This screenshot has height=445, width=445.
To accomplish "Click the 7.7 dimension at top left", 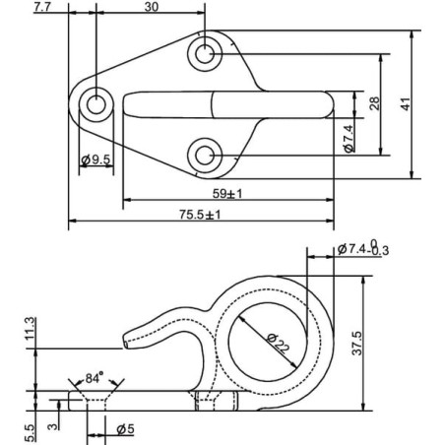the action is tap(43, 7).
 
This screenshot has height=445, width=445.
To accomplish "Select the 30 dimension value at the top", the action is tap(152, 7).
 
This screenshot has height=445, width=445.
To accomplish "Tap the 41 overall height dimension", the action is tap(406, 104).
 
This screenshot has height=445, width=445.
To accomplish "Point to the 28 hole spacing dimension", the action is tap(374, 103).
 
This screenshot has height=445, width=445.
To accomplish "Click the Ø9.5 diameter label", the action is tap(95, 160).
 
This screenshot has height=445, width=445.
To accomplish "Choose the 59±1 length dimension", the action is tap(227, 194).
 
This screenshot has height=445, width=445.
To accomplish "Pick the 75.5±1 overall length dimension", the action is tap(200, 215).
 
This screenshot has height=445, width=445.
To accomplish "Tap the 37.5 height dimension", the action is tap(357, 344).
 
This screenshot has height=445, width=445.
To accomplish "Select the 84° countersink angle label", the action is tap(95, 378).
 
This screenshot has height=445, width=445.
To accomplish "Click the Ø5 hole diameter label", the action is tap(126, 429).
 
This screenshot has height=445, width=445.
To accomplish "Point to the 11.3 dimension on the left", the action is tap(30, 329).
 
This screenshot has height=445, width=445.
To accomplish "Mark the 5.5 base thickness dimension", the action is tap(30, 432).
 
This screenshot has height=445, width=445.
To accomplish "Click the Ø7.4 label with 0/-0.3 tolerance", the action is tap(363, 249).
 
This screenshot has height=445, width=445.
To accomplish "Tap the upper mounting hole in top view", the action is tap(205, 54).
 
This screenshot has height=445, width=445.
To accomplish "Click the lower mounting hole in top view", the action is tap(205, 156).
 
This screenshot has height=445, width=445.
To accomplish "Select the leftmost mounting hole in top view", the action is tap(96, 104).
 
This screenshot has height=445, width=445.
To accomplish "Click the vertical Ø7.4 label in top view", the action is tap(350, 139).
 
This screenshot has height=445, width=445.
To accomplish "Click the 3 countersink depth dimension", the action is tap(53, 426).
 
